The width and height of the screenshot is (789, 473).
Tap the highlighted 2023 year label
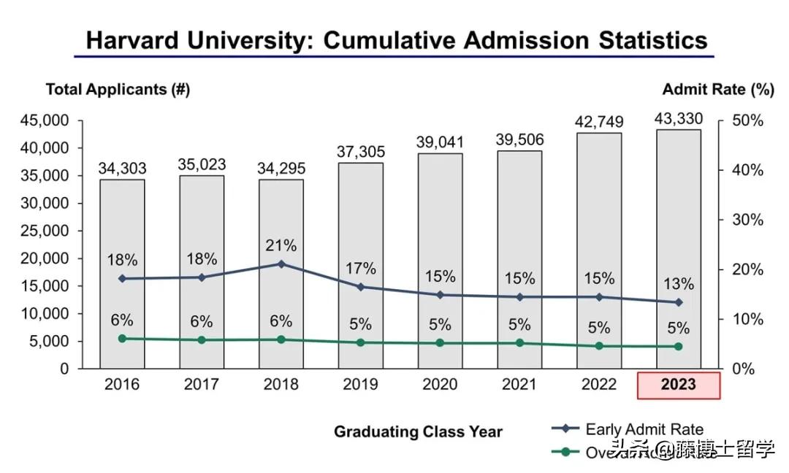point(679,385)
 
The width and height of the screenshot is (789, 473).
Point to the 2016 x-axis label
point(122,384)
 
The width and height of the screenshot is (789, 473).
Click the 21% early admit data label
point(281,245)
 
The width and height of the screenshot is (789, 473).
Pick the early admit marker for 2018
point(281,264)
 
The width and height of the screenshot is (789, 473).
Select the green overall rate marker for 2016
point(122,339)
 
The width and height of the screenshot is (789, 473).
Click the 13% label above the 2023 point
point(679,284)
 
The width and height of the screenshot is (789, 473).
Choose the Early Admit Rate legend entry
point(628,429)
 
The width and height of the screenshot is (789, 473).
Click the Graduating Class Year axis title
point(418,431)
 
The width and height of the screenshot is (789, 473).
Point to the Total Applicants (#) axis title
point(118,89)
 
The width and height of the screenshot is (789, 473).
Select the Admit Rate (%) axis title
point(717,89)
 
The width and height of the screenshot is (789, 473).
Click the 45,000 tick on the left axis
point(44,120)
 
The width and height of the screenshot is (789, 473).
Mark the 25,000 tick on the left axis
point(44,231)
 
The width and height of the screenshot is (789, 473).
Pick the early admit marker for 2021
point(520,297)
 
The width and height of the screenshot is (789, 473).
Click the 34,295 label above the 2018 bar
point(281,169)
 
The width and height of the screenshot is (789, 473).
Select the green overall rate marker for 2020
point(441,343)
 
